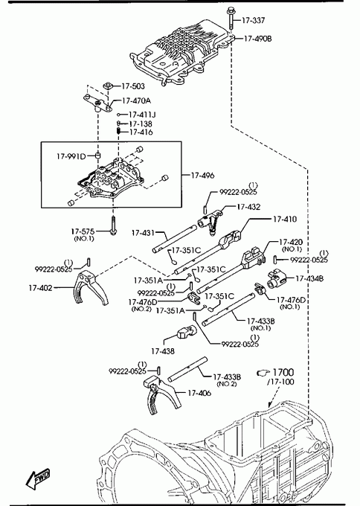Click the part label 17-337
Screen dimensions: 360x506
pos(253,20)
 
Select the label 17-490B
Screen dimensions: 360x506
pos(258,39)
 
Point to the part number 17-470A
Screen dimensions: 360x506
pos(136,100)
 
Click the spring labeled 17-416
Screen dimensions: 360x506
pos(118,131)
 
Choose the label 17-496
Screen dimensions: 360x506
pos(202,176)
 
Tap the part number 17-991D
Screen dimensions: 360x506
pos(71,156)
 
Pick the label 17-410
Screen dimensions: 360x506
pos(285,219)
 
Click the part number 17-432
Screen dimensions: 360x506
pos(248,207)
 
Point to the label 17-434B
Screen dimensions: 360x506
pos(309,278)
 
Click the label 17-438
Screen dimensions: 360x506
pos(163,351)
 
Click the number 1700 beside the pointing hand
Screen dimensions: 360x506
pos(283,372)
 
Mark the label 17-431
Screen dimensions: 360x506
pos(143,233)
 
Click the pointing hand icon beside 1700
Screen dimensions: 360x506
pos(263,373)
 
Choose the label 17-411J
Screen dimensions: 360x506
pos(142,115)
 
